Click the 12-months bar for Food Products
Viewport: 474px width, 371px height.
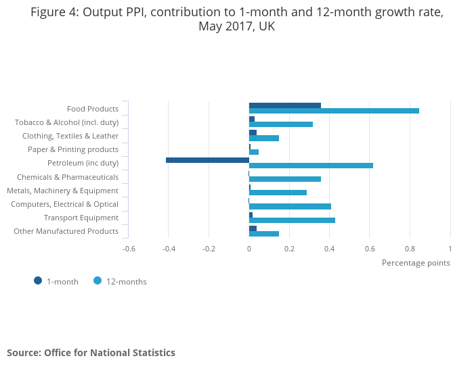[334, 111]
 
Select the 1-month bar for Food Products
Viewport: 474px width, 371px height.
[285, 105]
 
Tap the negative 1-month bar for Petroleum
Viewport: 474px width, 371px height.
[207, 160]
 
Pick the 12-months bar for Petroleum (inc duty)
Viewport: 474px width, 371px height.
[311, 166]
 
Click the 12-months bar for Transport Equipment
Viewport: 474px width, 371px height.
[292, 220]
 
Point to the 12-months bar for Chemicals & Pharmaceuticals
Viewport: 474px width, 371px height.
[285, 179]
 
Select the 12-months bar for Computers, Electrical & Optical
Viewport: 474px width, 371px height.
[290, 206]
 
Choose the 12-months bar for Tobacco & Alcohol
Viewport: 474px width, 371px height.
[281, 124]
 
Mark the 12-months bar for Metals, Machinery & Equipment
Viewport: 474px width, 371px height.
[278, 193]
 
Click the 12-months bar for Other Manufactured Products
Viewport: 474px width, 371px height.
[264, 234]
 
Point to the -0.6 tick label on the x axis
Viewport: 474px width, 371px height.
[129, 249]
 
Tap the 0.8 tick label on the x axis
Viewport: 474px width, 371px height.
[410, 249]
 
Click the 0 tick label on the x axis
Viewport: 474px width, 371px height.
[249, 249]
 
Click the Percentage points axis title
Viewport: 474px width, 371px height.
[416, 263]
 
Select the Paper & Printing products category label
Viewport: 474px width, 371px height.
[73, 149]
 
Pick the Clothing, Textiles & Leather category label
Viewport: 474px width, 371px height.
[70, 136]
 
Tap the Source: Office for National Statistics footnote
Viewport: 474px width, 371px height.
[91, 353]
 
